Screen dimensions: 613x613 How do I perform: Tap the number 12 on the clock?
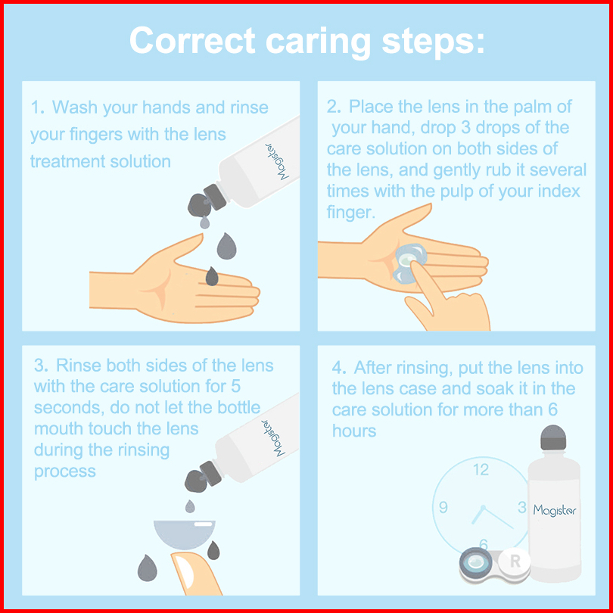481,469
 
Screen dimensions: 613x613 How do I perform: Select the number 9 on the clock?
443,507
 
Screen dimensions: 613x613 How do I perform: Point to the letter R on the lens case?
515,562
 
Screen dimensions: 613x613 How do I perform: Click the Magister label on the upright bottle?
555,510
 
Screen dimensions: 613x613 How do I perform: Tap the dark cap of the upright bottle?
553,437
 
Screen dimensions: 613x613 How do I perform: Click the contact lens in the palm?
409,263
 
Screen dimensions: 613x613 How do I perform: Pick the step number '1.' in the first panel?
39,107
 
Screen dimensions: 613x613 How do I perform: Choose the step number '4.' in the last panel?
339,368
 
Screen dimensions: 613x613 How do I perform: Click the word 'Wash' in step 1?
75,107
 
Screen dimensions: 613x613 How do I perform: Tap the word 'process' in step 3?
65,471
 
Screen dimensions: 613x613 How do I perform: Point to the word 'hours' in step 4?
354,431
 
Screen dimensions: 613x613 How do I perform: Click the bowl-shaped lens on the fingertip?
185,534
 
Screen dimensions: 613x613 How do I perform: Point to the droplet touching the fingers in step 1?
212,276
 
